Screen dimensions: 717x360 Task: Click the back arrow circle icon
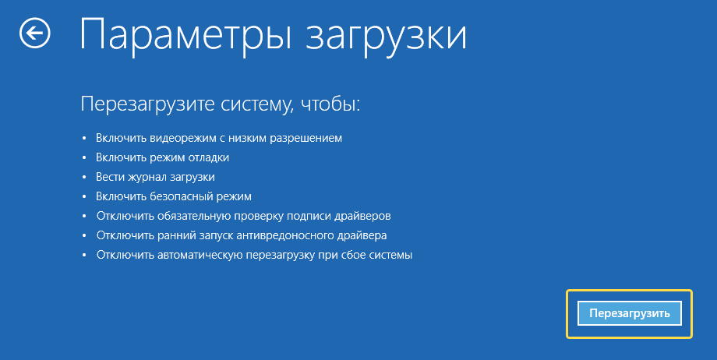point(35,33)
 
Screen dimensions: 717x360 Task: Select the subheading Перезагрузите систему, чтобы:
point(221,104)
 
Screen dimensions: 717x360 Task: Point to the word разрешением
point(306,139)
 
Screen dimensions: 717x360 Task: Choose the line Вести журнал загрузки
point(155,178)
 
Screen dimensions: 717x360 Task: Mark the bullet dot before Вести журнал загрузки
point(84,177)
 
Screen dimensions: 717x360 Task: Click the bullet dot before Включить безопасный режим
point(84,196)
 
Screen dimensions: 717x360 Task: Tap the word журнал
point(143,178)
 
